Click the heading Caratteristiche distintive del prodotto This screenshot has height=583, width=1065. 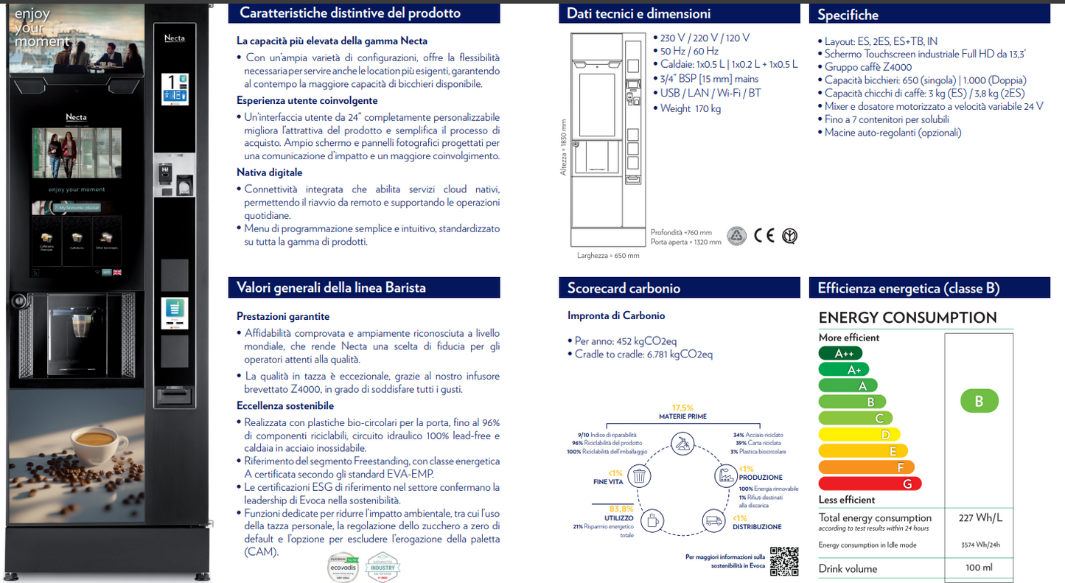[350, 13]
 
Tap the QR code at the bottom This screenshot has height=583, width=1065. [783, 562]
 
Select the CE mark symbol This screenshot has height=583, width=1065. [764, 236]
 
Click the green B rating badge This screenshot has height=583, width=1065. [979, 402]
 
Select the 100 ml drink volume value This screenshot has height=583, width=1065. [979, 568]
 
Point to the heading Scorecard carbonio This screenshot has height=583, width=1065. [624, 288]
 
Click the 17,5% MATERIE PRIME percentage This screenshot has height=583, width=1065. [682, 408]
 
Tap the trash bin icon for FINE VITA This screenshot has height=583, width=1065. [640, 476]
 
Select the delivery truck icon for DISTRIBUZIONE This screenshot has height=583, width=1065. [713, 520]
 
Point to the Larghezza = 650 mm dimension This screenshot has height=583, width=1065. [608, 256]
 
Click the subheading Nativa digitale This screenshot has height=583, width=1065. [269, 172]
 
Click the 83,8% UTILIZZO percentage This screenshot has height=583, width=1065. [621, 509]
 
